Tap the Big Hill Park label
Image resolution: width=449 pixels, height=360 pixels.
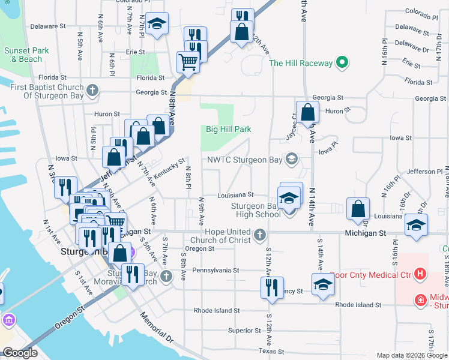(228, 129)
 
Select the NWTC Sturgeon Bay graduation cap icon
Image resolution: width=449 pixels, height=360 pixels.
(292, 160)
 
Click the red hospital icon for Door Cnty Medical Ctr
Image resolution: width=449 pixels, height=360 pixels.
(420, 275)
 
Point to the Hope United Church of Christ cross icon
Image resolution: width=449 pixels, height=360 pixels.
(260, 234)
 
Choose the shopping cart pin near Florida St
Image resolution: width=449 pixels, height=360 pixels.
(188, 62)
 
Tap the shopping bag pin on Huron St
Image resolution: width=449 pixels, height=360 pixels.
(308, 113)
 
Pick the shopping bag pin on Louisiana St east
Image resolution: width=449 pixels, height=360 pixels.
(358, 209)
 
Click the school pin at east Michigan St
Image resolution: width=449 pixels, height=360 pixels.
(416, 225)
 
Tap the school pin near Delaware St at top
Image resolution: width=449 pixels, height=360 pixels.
(157, 23)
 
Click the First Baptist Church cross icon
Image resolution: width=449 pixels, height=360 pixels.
(91, 91)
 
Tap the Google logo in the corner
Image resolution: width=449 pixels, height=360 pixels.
(20, 353)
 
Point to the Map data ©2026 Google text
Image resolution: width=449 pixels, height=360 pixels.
(412, 355)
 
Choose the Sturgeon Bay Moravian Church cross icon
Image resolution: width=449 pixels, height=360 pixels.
(167, 276)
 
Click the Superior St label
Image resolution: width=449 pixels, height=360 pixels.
(244, 330)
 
